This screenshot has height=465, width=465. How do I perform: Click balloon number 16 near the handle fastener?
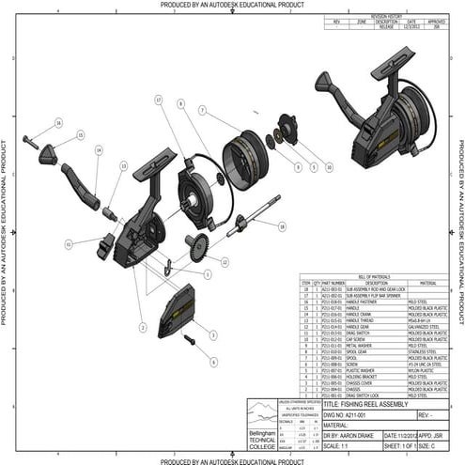coord(57,123)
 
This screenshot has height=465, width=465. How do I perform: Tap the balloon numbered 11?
coord(69,243)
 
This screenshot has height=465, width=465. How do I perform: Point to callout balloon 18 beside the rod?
coord(281,226)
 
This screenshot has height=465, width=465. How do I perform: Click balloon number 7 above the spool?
coord(201,110)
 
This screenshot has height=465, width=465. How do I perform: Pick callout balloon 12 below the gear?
coord(224,262)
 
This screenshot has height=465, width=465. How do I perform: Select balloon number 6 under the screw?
coord(213,361)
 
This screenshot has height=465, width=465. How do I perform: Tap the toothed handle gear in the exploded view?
coord(197,249)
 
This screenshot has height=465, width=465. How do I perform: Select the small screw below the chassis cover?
coord(189,339)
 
